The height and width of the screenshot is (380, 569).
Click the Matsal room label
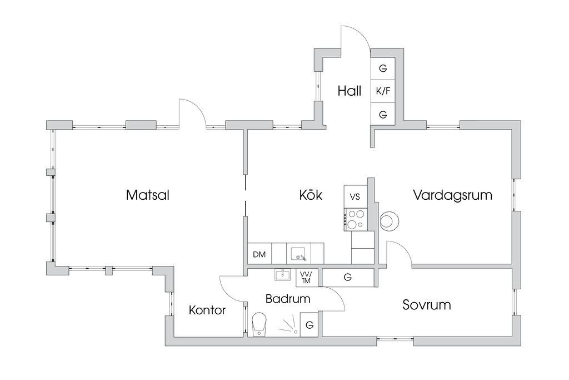[x=147, y=195]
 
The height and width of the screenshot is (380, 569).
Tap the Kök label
[x=311, y=195]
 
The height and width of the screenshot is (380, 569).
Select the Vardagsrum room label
[x=452, y=195]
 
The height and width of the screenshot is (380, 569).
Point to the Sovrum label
[x=426, y=305]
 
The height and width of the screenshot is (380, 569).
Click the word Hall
[x=350, y=91]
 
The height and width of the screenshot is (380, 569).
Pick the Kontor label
[x=207, y=310]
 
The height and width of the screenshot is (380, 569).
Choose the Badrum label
[x=287, y=299]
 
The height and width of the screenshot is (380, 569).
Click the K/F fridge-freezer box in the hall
[x=383, y=91]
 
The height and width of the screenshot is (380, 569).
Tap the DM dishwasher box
[x=259, y=255]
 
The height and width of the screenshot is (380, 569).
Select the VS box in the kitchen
[x=355, y=196]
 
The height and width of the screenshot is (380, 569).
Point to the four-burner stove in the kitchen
[x=355, y=219]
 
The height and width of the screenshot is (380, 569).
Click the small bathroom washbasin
[x=283, y=275]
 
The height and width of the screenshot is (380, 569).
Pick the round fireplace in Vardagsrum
[x=390, y=221]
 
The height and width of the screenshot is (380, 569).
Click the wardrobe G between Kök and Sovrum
[x=348, y=277]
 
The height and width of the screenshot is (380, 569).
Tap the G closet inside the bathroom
[x=310, y=325]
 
